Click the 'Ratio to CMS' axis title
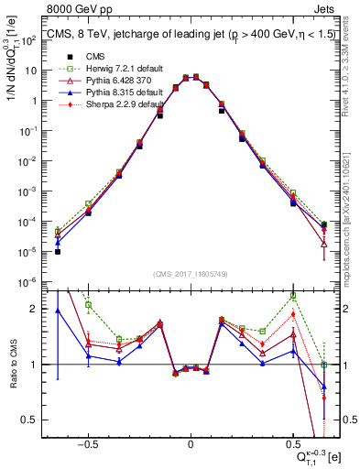pyautogui.click(x=13, y=364)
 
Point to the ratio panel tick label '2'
pyautogui.click(x=31, y=309)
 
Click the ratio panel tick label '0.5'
pyautogui.click(x=27, y=420)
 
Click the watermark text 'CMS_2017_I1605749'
pyautogui.click(x=190, y=275)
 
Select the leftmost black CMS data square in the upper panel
pyautogui.click(x=58, y=250)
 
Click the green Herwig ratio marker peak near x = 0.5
pyautogui.click(x=293, y=296)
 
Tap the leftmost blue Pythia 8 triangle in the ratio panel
pyautogui.click(x=58, y=311)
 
